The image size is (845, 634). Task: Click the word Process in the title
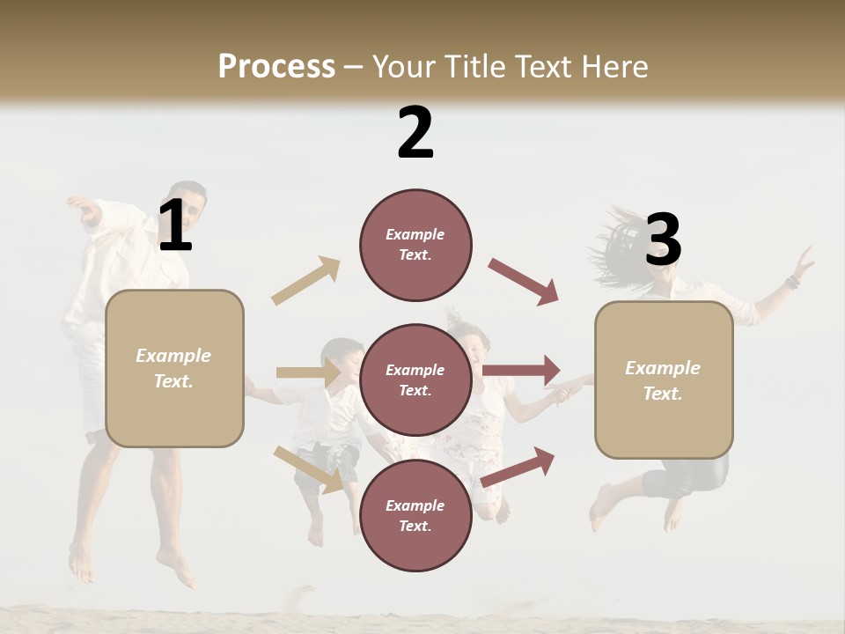pos(276,67)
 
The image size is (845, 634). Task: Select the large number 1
pos(174,226)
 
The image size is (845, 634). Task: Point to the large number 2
pos(415,133)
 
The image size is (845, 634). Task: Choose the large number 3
pos(663,240)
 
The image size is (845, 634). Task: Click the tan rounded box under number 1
pos(174,368)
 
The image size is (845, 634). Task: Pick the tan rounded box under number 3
pos(664,380)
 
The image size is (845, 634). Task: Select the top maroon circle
pos(415,245)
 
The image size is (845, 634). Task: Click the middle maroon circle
pos(415,380)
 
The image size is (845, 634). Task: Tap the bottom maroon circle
pos(415,516)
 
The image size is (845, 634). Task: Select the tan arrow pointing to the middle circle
pos(308,373)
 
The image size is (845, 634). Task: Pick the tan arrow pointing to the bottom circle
pos(308,468)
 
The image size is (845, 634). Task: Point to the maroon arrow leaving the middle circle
pos(521,370)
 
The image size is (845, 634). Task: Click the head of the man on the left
pos(187,201)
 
